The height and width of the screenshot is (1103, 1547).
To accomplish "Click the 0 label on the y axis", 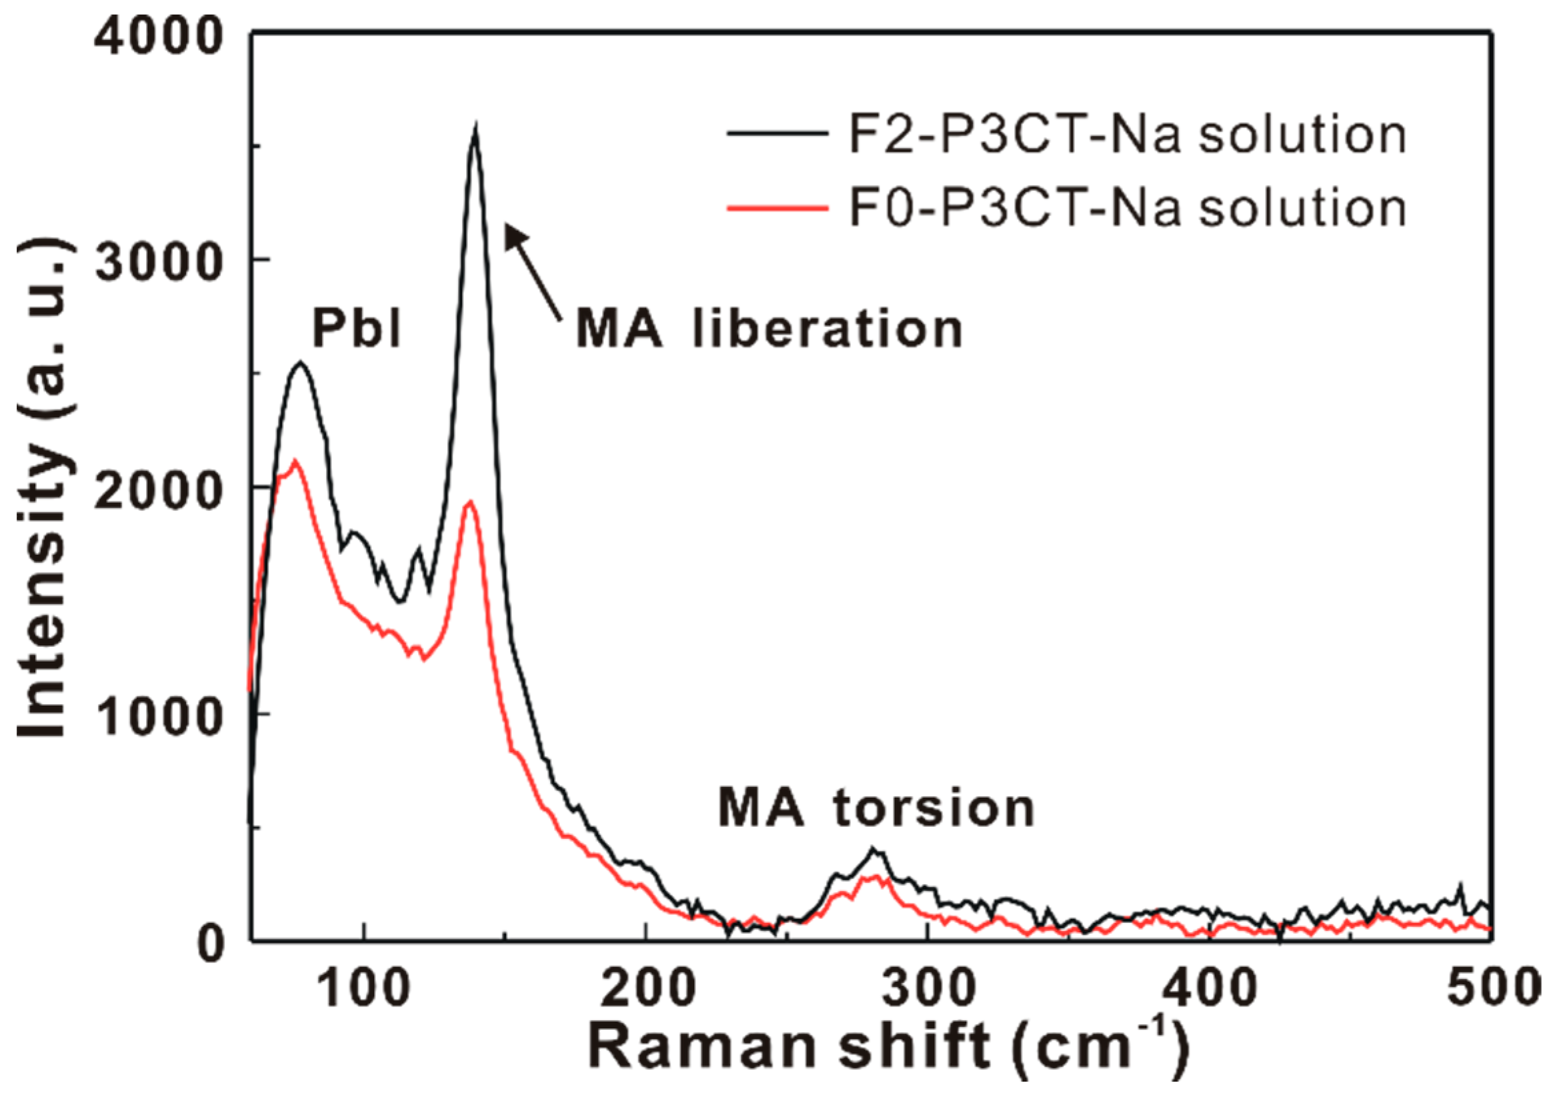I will pos(211,942).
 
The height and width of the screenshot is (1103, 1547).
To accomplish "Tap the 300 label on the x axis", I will pos(928,989).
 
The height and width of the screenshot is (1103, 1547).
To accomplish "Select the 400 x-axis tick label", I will pos(1210,989).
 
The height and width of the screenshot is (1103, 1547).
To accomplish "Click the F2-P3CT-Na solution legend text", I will pos(1128,135).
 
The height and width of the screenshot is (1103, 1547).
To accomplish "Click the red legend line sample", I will pos(777,207).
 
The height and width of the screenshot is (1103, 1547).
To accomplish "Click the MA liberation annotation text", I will pos(769,330).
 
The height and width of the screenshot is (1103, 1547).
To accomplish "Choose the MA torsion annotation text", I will pos(876,808).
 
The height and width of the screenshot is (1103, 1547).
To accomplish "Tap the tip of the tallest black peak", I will pos(476,129).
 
